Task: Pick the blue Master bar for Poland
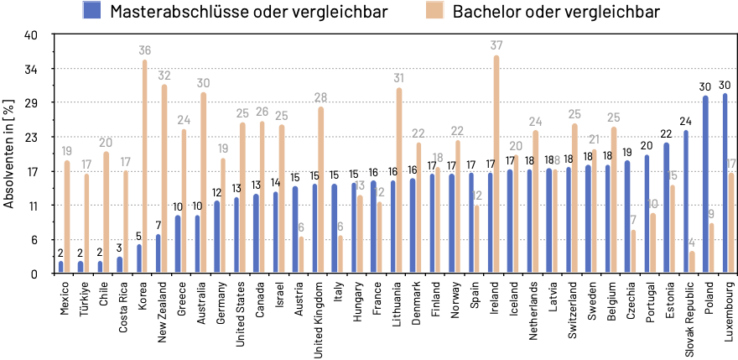point(705,184)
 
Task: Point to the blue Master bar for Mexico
point(60,267)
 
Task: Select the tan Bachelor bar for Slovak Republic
point(692,262)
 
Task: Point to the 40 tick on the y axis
point(32,34)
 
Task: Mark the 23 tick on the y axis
point(32,137)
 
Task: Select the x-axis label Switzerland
point(574,310)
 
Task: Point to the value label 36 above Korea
point(145,51)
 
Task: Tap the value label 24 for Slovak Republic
point(685,121)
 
